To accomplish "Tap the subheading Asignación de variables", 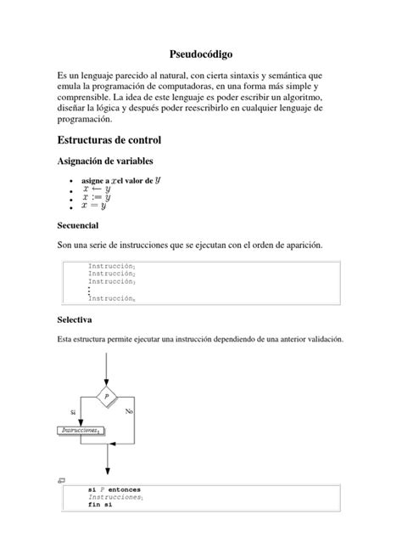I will pos(104,161).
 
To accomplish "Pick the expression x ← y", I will pos(96,189).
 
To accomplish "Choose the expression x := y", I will pos(96,197).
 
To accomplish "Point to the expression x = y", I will pos(94,206).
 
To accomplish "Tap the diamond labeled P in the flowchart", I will pos(107,396).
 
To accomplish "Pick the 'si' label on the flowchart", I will pos(74,411).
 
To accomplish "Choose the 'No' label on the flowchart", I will pos(129,411).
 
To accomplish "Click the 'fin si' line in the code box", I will pos(99,505).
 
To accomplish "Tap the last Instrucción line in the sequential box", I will pos(112,298).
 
